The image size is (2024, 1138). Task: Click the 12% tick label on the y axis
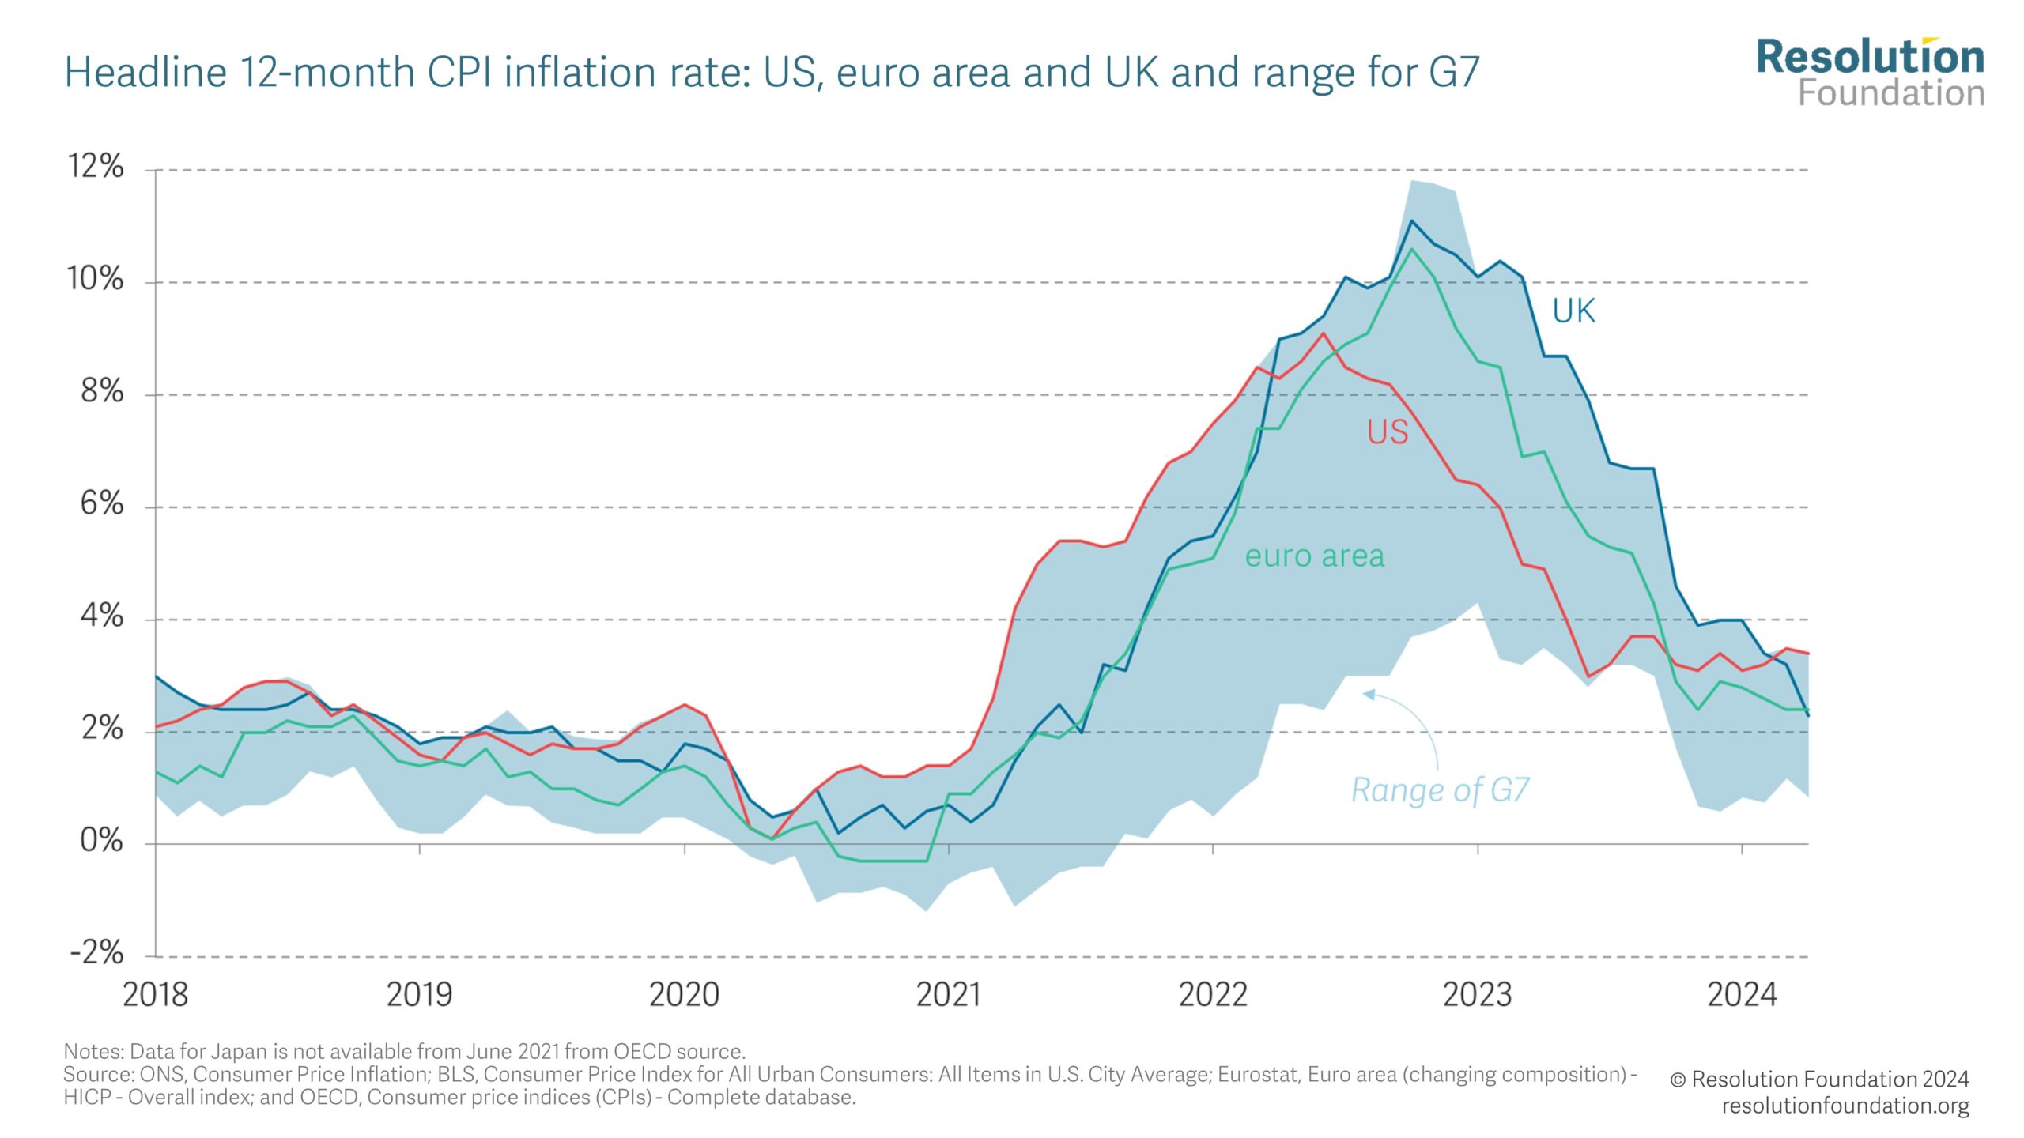(96, 167)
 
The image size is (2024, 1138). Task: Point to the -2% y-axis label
(96, 953)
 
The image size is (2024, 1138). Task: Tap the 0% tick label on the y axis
(101, 841)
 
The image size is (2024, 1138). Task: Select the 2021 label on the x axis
(948, 995)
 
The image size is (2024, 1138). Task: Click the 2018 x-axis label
(155, 995)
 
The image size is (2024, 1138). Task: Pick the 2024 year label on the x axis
(1742, 995)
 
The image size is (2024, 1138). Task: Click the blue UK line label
(1573, 311)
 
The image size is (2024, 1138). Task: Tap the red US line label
(1388, 432)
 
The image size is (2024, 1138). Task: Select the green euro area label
(1314, 556)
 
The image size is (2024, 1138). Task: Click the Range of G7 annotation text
(1440, 790)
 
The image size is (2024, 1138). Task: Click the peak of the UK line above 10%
(1412, 221)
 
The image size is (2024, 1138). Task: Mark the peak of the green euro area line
(1412, 250)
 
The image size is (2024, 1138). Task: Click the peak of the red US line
(1324, 333)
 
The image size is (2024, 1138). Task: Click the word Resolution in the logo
(1870, 58)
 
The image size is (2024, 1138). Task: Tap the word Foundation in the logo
(1891, 93)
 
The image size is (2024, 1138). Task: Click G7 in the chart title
(1454, 72)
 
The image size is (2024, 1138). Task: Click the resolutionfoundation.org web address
(1845, 1106)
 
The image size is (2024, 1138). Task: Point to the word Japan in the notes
(242, 1052)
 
